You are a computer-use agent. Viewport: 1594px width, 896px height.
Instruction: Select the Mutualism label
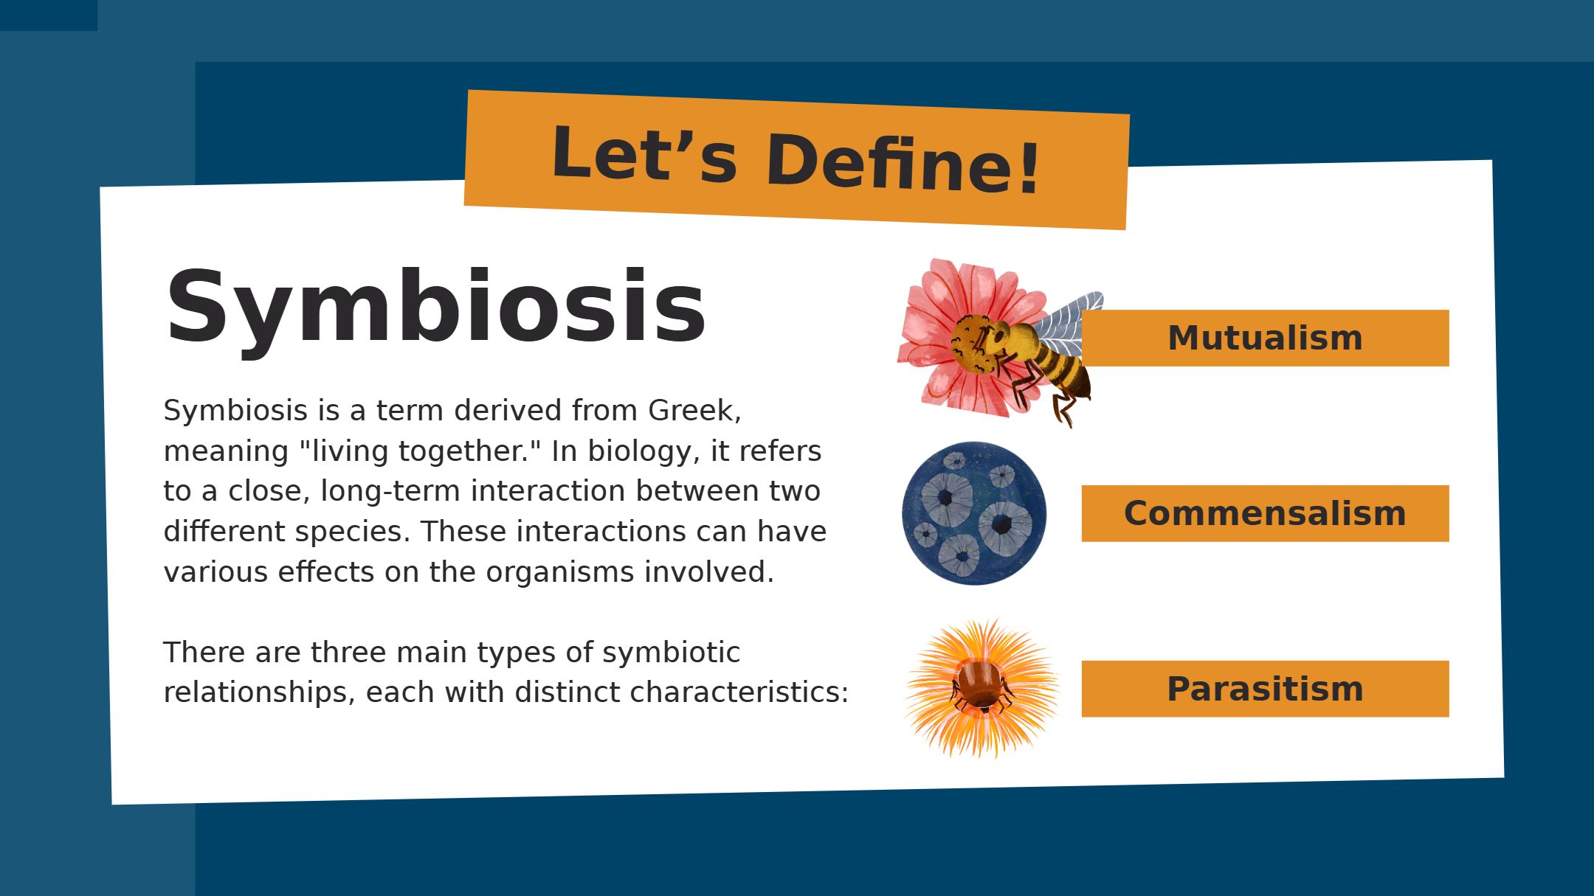pos(1265,338)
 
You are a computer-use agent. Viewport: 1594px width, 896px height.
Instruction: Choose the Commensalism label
pos(1265,513)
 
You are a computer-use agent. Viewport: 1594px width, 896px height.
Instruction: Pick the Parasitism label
pos(1265,689)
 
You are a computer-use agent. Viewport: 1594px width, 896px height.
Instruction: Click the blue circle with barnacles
pos(974,513)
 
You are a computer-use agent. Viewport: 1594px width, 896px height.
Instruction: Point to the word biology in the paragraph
pos(644,451)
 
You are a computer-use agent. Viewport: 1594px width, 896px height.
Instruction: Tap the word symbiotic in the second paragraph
pos(671,653)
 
